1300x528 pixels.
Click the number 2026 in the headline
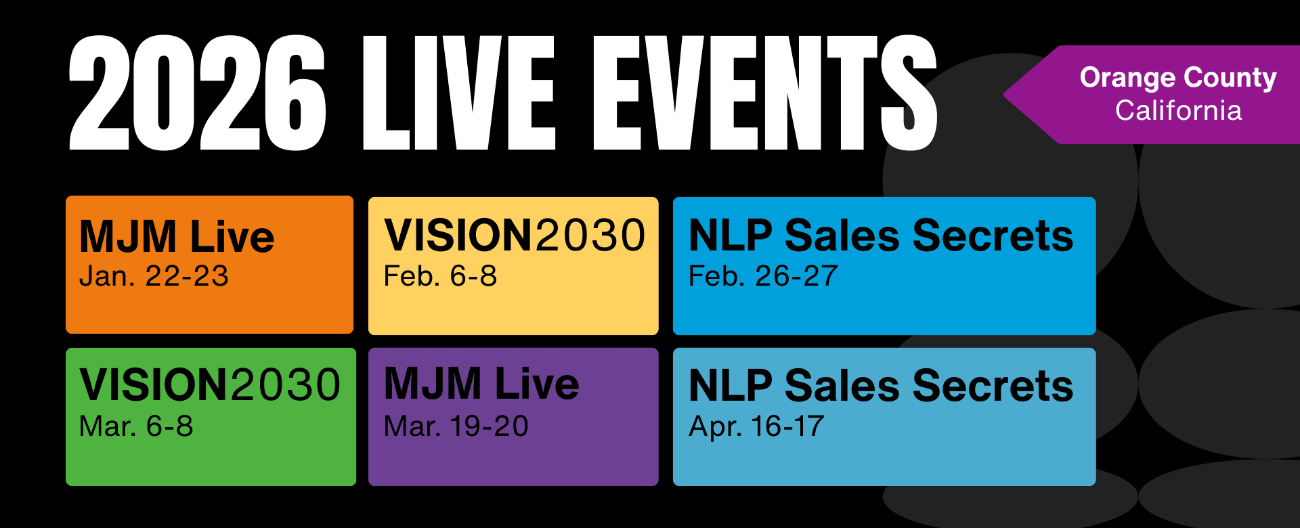click(x=198, y=93)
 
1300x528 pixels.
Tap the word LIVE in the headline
click(x=459, y=93)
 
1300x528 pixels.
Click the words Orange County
click(x=1178, y=79)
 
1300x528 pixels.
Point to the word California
click(x=1178, y=110)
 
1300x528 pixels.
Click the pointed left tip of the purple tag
click(x=1005, y=95)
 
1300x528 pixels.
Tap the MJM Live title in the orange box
click(x=177, y=236)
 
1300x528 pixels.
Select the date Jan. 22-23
click(x=154, y=276)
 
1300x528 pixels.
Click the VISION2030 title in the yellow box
click(x=515, y=235)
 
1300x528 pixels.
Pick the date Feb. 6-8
click(x=440, y=276)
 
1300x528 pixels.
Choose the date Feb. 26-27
click(x=763, y=276)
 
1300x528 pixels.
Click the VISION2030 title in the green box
click(x=210, y=384)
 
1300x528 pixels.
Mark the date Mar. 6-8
click(x=136, y=426)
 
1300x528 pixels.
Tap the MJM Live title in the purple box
click(x=481, y=383)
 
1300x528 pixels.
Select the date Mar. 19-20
click(x=456, y=426)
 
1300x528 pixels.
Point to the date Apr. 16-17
click(x=756, y=426)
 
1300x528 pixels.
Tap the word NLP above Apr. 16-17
click(x=731, y=386)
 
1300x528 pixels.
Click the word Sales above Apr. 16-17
click(x=842, y=386)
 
